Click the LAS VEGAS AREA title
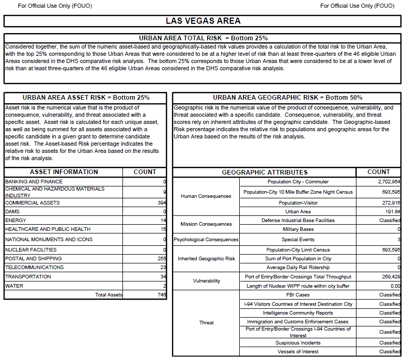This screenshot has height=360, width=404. pyautogui.click(x=203, y=21)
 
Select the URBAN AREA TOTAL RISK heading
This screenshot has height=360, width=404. pyautogui.click(x=203, y=38)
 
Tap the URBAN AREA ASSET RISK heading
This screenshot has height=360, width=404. pyautogui.click(x=86, y=98)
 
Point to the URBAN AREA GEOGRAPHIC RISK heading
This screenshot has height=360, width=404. pyautogui.click(x=287, y=98)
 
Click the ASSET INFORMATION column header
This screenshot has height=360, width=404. pyautogui.click(x=64, y=172)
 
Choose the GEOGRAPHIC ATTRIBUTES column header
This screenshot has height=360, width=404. pyautogui.click(x=265, y=172)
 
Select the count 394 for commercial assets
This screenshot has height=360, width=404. pyautogui.click(x=161, y=203)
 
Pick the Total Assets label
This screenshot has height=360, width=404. pyautogui.click(x=108, y=295)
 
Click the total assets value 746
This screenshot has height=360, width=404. pyautogui.click(x=161, y=295)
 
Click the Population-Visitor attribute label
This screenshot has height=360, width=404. pyautogui.click(x=298, y=203)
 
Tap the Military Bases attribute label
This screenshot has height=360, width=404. pyautogui.click(x=298, y=229)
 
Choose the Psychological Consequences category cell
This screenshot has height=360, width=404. pyautogui.click(x=206, y=240)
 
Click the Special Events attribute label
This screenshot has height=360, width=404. pyautogui.click(x=298, y=240)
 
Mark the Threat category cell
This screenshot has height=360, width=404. pyautogui.click(x=206, y=323)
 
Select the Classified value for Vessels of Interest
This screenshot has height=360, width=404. pyautogui.click(x=390, y=352)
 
